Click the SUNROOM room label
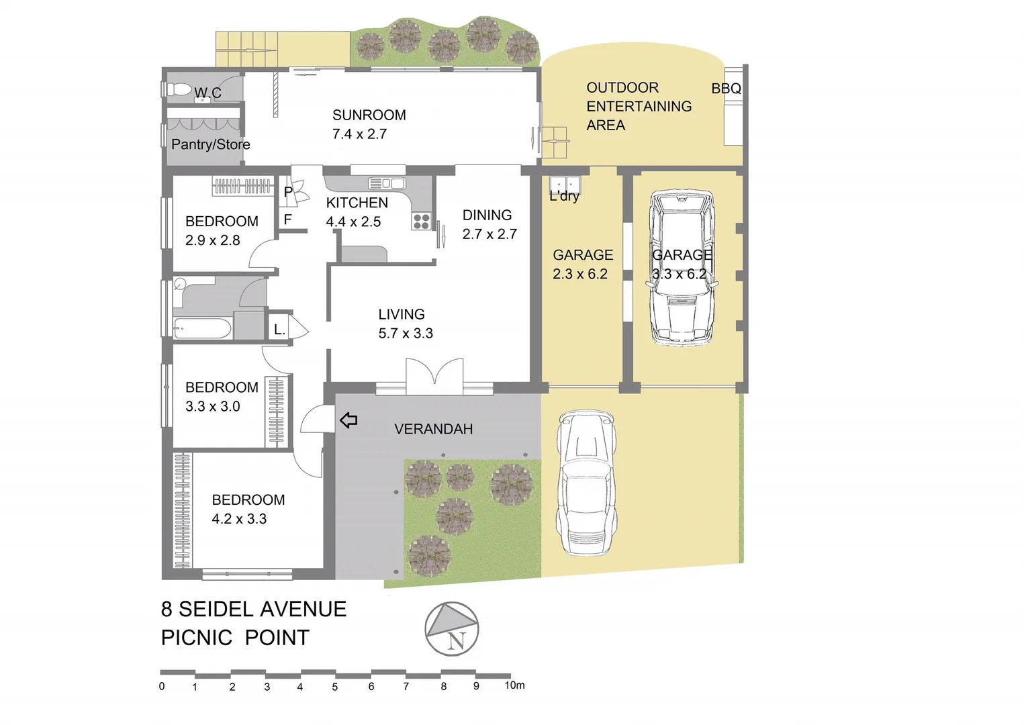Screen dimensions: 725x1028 tap(369, 115)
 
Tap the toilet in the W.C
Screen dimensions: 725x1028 tap(178, 89)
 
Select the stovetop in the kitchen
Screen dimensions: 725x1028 tap(421, 221)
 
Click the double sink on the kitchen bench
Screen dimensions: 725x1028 tap(387, 183)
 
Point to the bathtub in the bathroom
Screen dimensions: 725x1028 tap(202, 329)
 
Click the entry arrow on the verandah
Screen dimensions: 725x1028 tap(348, 421)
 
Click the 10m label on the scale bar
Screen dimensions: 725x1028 tap(514, 685)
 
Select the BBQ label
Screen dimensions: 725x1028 tap(726, 89)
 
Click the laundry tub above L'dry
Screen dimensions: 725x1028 tap(565, 184)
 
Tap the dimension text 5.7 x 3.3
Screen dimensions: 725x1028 tap(406, 334)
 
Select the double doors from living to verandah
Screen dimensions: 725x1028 tap(434, 377)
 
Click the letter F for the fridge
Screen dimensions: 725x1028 tap(287, 220)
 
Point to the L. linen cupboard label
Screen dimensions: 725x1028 tap(279, 330)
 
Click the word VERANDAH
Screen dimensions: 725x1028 tap(433, 429)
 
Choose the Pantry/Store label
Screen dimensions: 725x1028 tap(210, 144)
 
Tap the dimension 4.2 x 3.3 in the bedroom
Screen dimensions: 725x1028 tap(239, 519)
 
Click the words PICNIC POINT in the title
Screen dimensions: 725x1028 tap(235, 638)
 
